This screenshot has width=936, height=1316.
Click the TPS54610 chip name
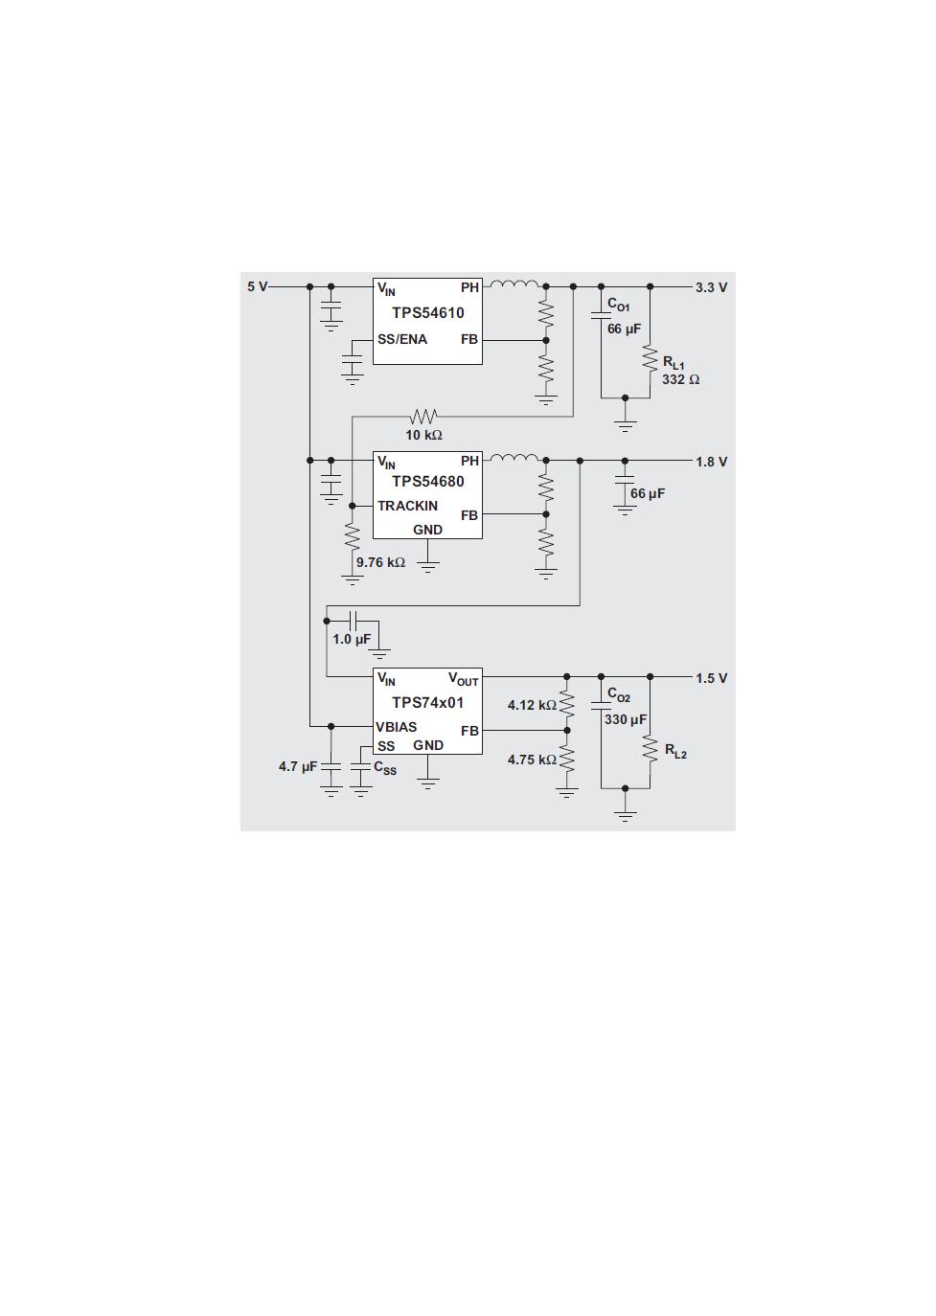(x=427, y=313)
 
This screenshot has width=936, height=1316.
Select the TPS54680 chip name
(x=427, y=482)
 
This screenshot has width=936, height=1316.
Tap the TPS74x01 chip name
(x=427, y=703)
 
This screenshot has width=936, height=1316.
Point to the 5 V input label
(x=258, y=286)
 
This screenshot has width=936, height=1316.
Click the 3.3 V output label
(x=712, y=287)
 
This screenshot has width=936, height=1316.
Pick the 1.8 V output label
(x=712, y=462)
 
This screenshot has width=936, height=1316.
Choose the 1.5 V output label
(x=712, y=678)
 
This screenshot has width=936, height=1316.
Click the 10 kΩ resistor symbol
(x=423, y=417)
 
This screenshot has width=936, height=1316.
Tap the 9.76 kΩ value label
(x=380, y=562)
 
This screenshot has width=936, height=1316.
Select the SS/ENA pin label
(x=402, y=340)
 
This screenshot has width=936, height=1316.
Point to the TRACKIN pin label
(x=408, y=506)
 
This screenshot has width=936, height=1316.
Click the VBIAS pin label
(x=397, y=727)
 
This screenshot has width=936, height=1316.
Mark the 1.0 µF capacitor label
(x=352, y=639)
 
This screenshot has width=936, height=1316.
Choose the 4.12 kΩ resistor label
(x=533, y=705)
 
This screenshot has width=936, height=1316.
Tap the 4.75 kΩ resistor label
(x=533, y=760)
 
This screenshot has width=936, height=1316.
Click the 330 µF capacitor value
(x=626, y=719)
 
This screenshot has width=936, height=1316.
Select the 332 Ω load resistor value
(x=681, y=379)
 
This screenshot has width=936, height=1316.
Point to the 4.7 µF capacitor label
(x=298, y=766)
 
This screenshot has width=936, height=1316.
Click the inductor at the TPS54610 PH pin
(x=514, y=284)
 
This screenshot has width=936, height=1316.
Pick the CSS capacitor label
(x=385, y=768)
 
